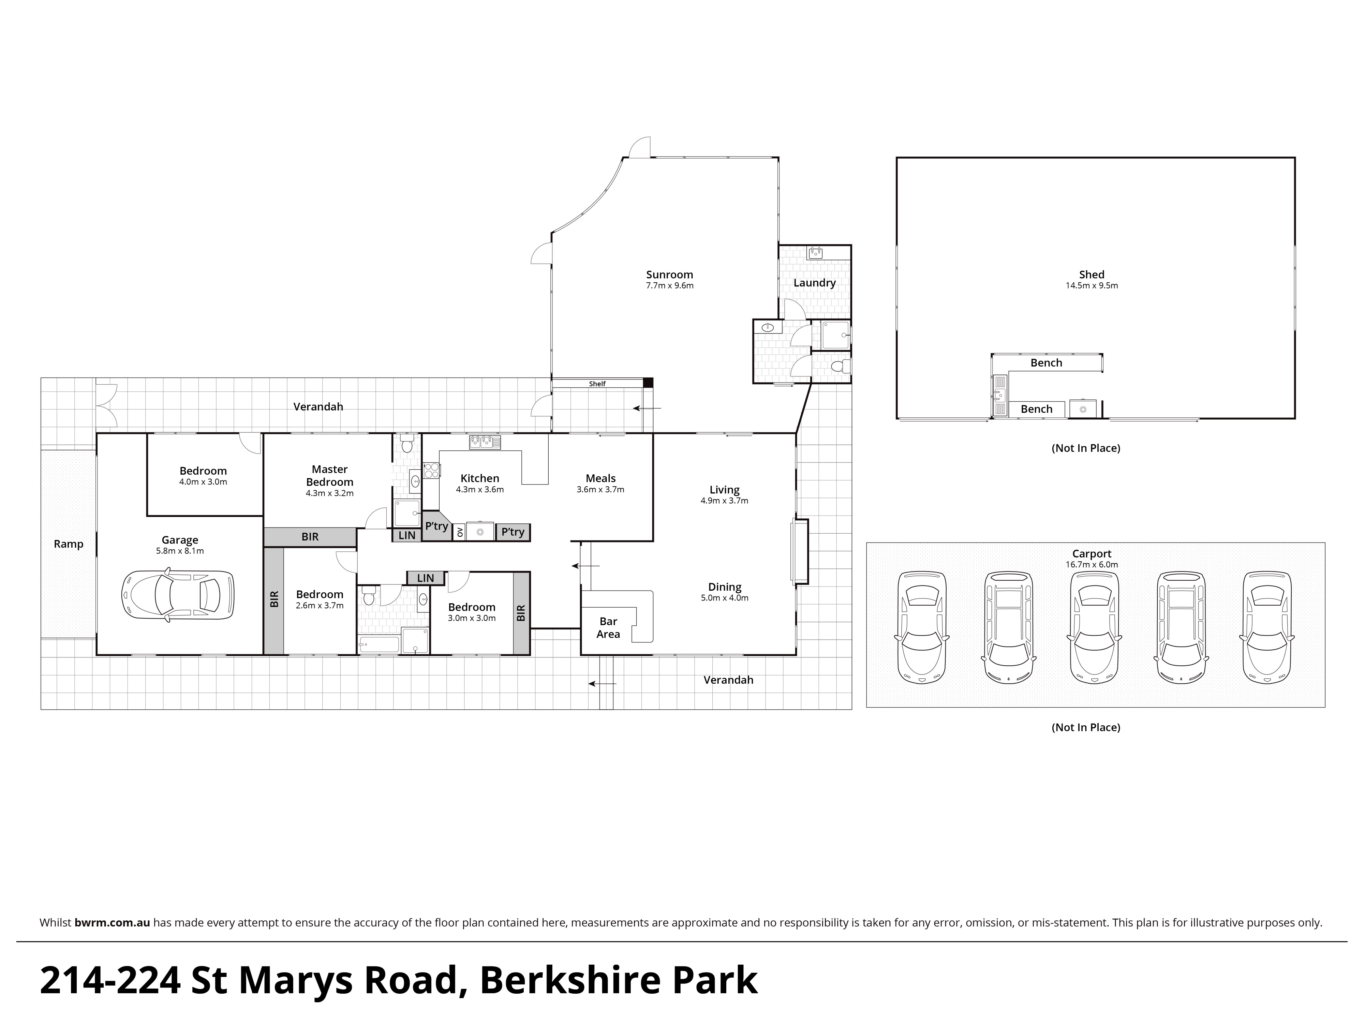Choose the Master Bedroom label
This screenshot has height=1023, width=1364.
329,475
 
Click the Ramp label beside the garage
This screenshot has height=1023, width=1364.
69,544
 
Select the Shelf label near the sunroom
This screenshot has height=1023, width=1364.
597,384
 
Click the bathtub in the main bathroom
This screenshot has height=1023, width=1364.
379,645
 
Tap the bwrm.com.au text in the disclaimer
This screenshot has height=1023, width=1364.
112,922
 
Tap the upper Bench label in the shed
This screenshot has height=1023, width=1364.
1047,362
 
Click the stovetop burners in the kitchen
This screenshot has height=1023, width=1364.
431,471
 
